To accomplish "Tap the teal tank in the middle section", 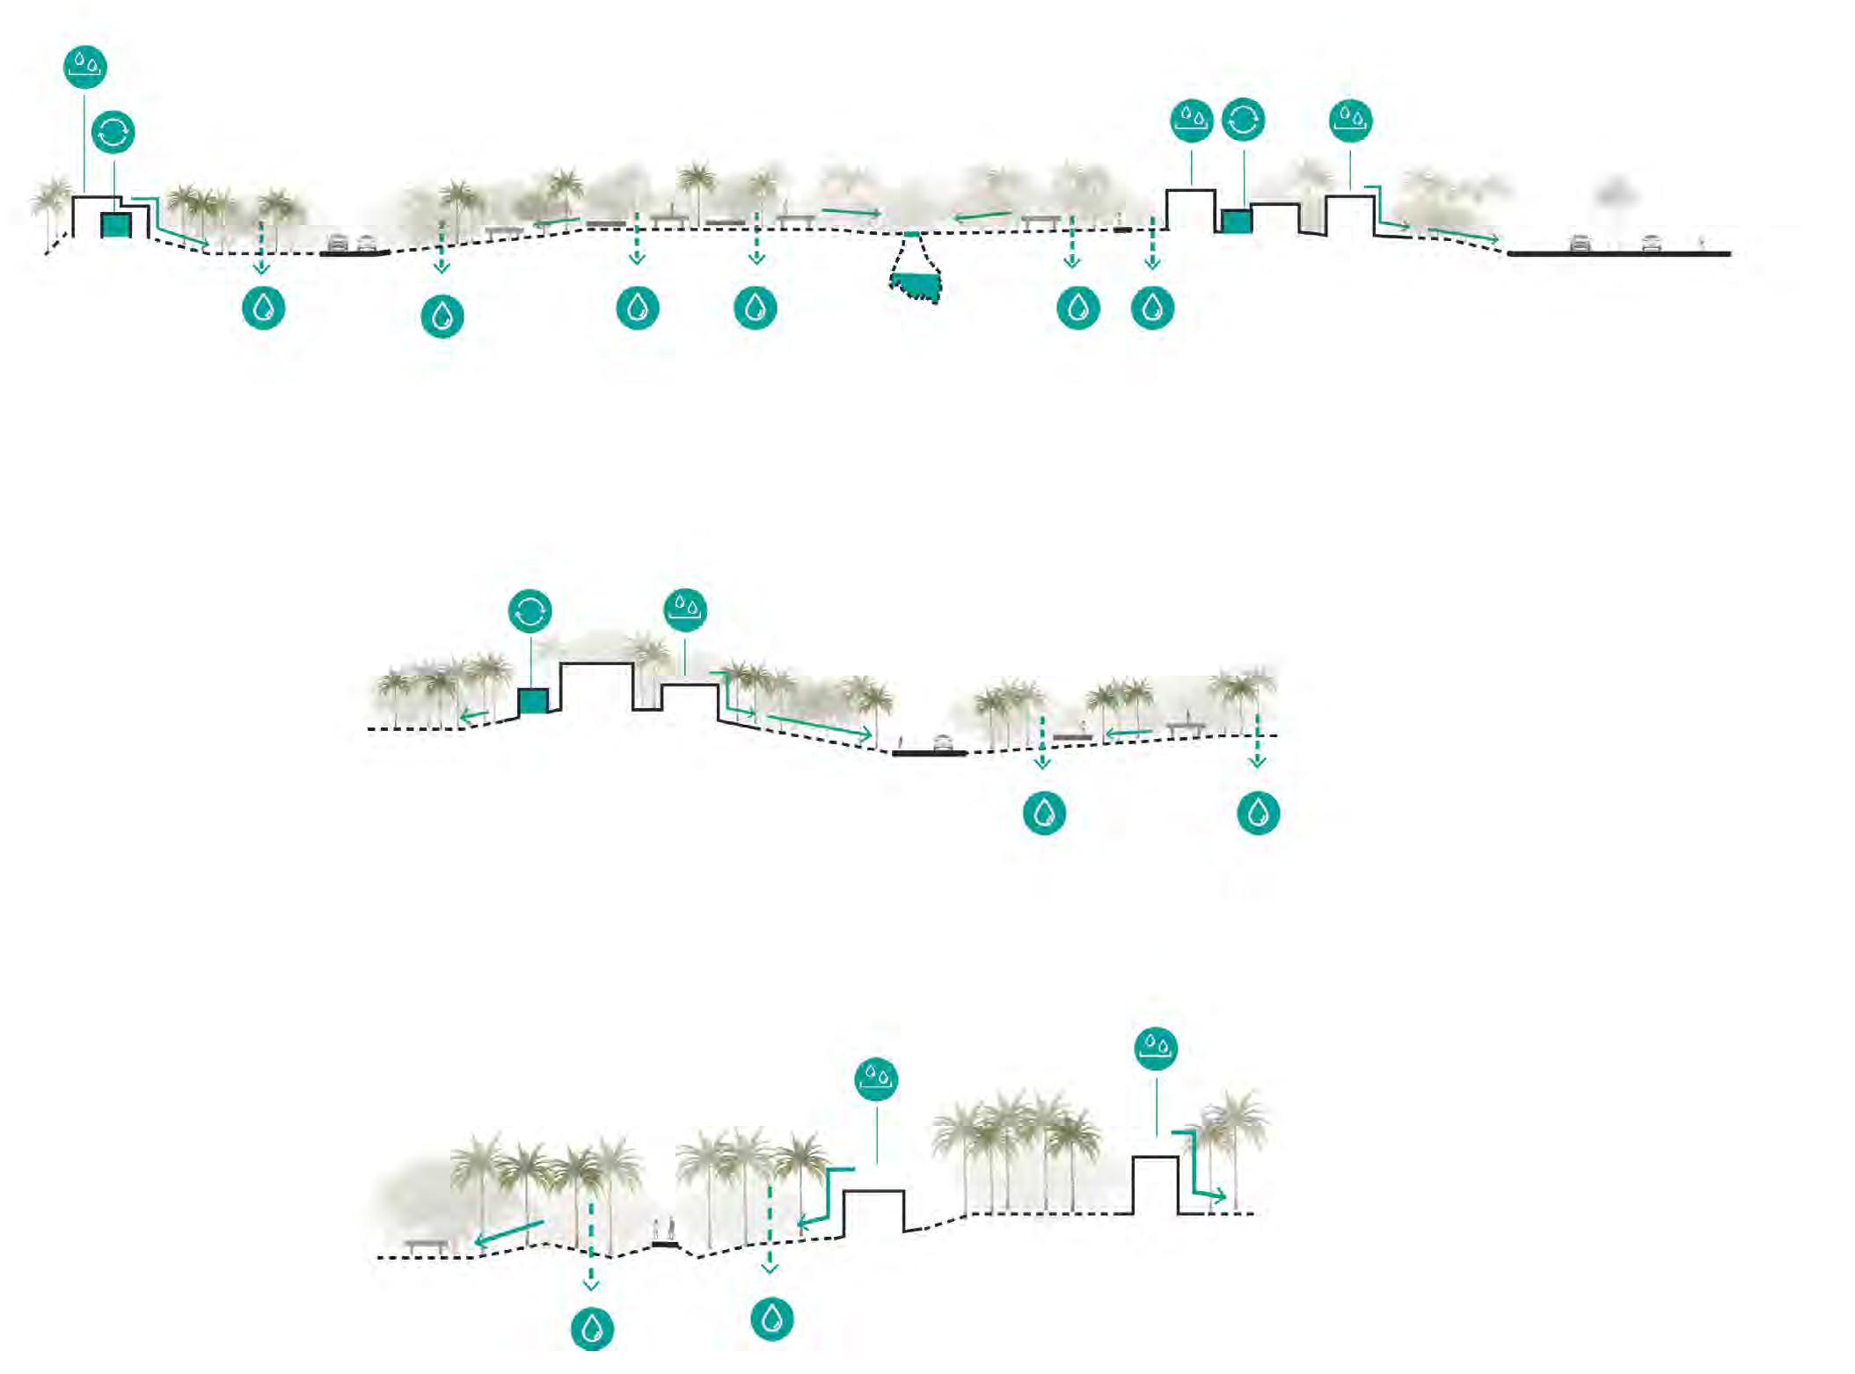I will (533, 701).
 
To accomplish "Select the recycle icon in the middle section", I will (530, 610).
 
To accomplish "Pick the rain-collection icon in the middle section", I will (685, 609).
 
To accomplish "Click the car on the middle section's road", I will (942, 743).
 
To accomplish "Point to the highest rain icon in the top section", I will (85, 66).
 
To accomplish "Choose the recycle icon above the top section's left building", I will (113, 133).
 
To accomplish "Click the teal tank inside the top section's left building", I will (116, 225).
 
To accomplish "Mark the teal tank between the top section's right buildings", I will (1237, 221).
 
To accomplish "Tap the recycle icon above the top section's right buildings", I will (1243, 120).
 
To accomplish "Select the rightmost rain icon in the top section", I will (1351, 120).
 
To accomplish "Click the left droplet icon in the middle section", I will (1044, 812).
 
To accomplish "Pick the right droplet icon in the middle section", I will (1258, 812).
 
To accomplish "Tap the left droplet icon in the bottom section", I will (592, 1328).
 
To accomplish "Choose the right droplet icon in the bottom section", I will (772, 1319).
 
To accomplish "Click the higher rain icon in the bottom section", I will (1156, 1048).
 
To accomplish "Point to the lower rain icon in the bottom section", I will (876, 1078).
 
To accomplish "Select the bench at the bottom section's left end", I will (427, 1246).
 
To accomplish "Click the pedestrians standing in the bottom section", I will (665, 1229).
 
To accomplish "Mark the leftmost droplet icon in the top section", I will (263, 308).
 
